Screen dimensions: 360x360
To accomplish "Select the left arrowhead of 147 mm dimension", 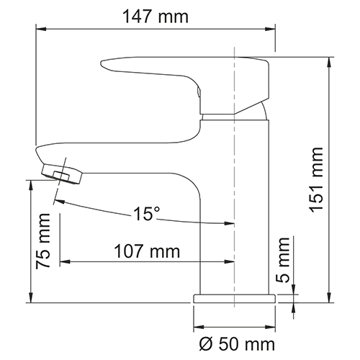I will click(42, 30).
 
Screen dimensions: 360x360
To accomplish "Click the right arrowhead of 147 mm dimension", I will click(272, 30).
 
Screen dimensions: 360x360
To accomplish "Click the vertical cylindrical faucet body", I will click(234, 209).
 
